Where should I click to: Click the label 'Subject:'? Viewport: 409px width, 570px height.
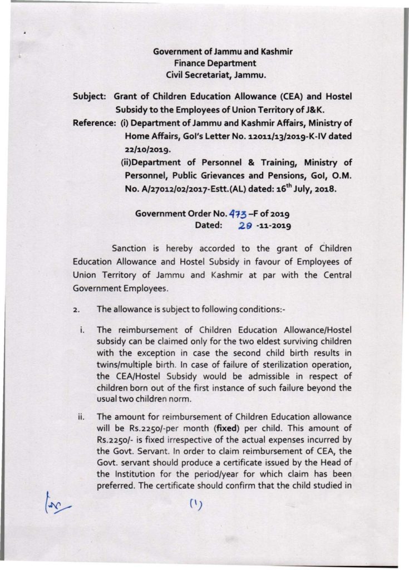pos(89,96)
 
